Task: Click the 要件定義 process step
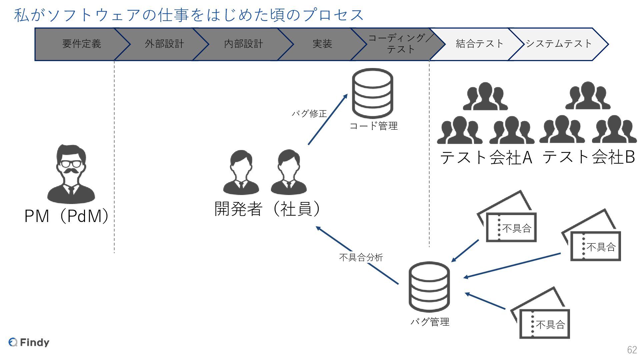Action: click(81, 44)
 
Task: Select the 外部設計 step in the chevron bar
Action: click(164, 44)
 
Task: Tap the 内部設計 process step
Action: click(243, 44)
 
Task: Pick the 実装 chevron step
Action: click(322, 44)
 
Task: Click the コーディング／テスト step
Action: click(400, 44)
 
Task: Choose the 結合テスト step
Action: click(479, 44)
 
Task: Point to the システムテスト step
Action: click(559, 44)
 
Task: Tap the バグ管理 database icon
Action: click(429, 286)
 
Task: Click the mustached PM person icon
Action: click(71, 174)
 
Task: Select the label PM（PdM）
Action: click(67, 216)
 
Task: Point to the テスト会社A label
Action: click(486, 157)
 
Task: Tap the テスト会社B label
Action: click(589, 157)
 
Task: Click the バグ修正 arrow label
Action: click(309, 114)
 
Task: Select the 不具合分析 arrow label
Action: click(361, 257)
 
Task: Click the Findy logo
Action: click(29, 342)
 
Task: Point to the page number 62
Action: click(632, 350)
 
